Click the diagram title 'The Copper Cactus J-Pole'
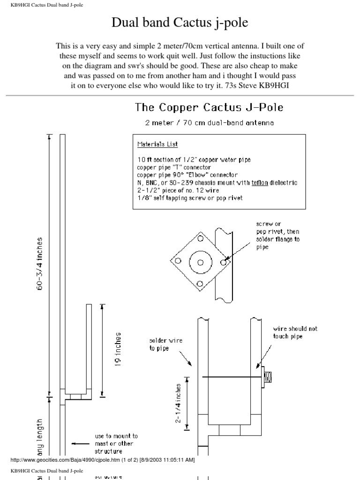click(x=209, y=107)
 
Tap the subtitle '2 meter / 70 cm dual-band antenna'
click(x=210, y=123)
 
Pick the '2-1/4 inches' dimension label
click(x=179, y=403)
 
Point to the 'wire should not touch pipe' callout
click(x=295, y=332)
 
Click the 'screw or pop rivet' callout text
click(x=278, y=235)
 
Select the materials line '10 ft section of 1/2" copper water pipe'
click(x=194, y=160)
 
